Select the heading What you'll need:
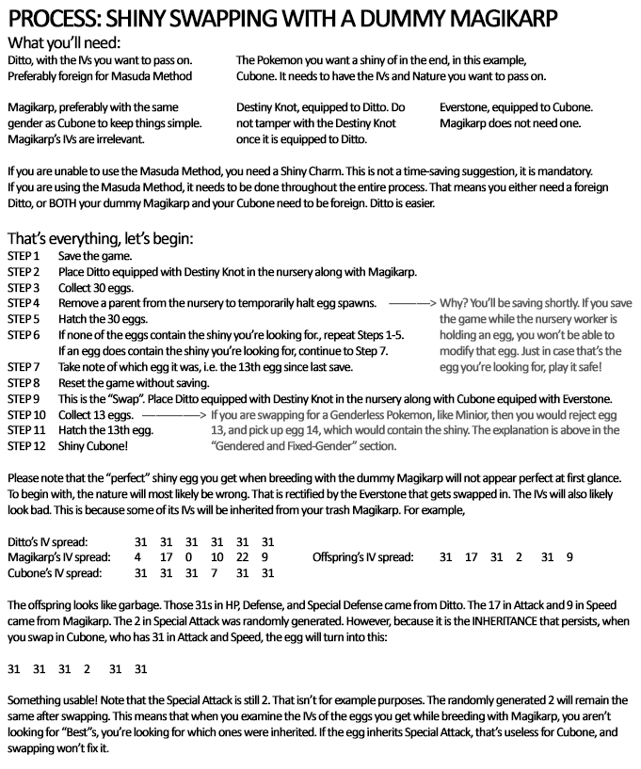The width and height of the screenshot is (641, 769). coord(64,42)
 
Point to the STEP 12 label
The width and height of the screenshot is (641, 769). coord(26,446)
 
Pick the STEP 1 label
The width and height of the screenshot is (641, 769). coord(24,256)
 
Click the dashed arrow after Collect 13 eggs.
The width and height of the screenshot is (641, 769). coord(173,414)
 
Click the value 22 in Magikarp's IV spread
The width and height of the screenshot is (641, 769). coord(241,557)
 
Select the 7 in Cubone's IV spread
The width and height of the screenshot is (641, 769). coord(216,572)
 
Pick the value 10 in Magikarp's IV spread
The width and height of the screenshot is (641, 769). coord(216,557)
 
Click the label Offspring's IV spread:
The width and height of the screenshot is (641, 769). coord(363,557)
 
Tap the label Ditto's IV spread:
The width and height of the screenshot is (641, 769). coord(47,542)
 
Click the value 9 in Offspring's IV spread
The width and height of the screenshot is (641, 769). coord(569,557)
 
